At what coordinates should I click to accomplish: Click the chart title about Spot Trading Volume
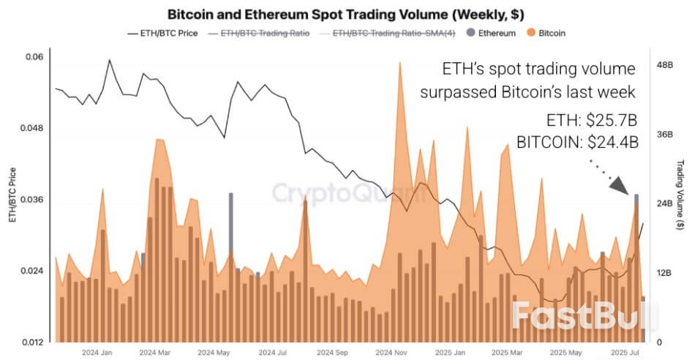point(345,14)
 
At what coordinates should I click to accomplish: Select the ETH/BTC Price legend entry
point(162,34)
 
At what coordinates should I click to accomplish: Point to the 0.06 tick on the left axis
point(34,57)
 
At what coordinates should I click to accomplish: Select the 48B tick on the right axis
point(663,65)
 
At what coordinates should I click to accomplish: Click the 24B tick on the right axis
point(663,203)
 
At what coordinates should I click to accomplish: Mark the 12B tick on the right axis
point(663,273)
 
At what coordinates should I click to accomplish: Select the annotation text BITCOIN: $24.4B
point(577,143)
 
